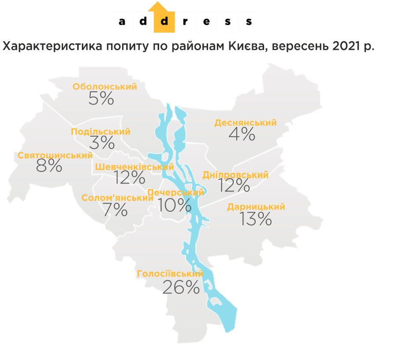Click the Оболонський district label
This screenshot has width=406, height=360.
(105, 87)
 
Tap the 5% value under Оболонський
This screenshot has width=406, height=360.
(101, 98)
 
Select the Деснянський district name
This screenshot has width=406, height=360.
(246, 123)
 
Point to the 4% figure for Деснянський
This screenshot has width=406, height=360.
(242, 134)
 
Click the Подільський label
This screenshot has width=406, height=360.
(101, 132)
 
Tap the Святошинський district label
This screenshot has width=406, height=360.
(55, 156)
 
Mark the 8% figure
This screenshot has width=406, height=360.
(49, 166)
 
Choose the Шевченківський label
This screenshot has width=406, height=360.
(134, 167)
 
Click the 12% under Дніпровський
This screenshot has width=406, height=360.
(234, 186)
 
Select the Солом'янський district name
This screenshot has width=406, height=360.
(117, 198)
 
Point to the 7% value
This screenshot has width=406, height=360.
(115, 210)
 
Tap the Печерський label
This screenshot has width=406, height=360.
(176, 193)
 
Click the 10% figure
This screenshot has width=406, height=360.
(175, 205)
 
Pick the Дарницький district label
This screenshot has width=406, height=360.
(256, 207)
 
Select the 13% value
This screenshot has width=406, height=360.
(256, 219)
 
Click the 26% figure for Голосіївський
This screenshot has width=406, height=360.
(181, 288)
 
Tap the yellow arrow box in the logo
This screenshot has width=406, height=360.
(164, 19)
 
